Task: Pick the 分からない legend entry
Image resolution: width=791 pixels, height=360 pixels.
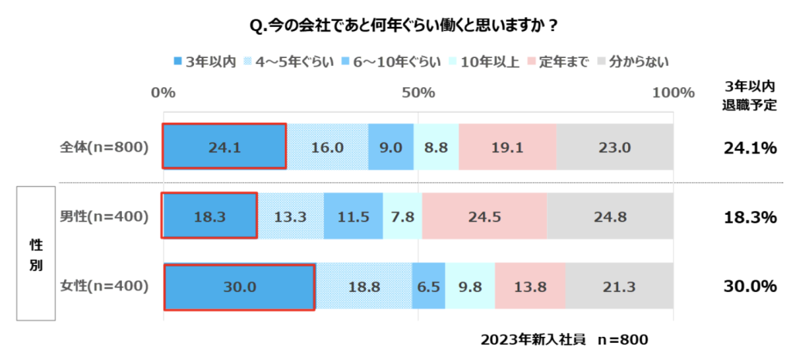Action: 634,60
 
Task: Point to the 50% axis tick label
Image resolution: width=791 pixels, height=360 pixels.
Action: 419,93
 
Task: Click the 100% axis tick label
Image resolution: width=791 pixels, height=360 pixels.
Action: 674,93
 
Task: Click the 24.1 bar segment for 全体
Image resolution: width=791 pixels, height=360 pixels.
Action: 224,146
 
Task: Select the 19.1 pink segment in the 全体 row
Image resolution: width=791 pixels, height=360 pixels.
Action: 507,146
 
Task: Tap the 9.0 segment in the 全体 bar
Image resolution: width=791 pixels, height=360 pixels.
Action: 391,146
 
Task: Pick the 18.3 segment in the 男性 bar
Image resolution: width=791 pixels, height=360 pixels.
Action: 209,216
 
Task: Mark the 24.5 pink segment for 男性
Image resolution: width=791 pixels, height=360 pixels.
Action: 484,216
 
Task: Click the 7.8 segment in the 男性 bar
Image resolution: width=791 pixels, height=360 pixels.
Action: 402,216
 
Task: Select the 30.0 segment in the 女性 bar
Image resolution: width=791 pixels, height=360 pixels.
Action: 239,287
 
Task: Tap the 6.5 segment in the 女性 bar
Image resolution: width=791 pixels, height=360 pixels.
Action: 428,287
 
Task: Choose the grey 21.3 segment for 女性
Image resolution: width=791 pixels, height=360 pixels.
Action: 619,287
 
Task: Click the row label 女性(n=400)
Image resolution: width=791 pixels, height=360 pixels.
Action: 104,287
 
